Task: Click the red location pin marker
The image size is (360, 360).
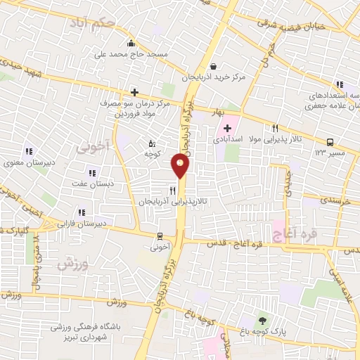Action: click(180, 166)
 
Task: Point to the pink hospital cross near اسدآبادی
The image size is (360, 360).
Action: click(227, 128)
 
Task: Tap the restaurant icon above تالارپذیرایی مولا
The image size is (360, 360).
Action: click(275, 128)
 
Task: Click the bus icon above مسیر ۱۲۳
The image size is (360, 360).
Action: click(330, 140)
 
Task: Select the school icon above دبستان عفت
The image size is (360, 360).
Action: click(91, 172)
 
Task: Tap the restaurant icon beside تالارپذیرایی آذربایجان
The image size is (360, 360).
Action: click(172, 190)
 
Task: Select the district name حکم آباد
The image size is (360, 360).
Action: click(98, 22)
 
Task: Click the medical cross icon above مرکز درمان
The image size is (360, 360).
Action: click(134, 91)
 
